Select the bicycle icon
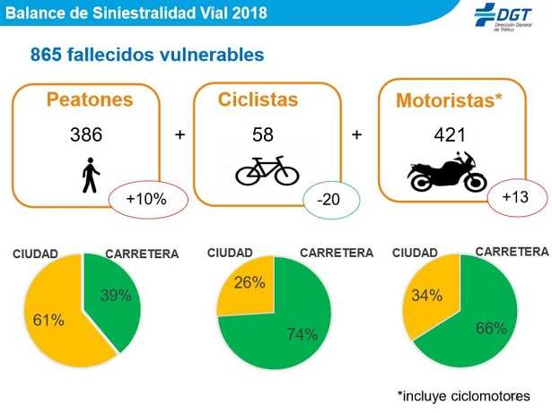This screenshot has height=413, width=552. coord(267,170)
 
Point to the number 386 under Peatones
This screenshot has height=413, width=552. coord(87,135)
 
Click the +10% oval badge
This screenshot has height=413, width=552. coord(148,200)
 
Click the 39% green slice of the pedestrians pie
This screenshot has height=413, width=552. coord(115,297)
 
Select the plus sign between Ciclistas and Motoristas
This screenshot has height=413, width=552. coord(356,135)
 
